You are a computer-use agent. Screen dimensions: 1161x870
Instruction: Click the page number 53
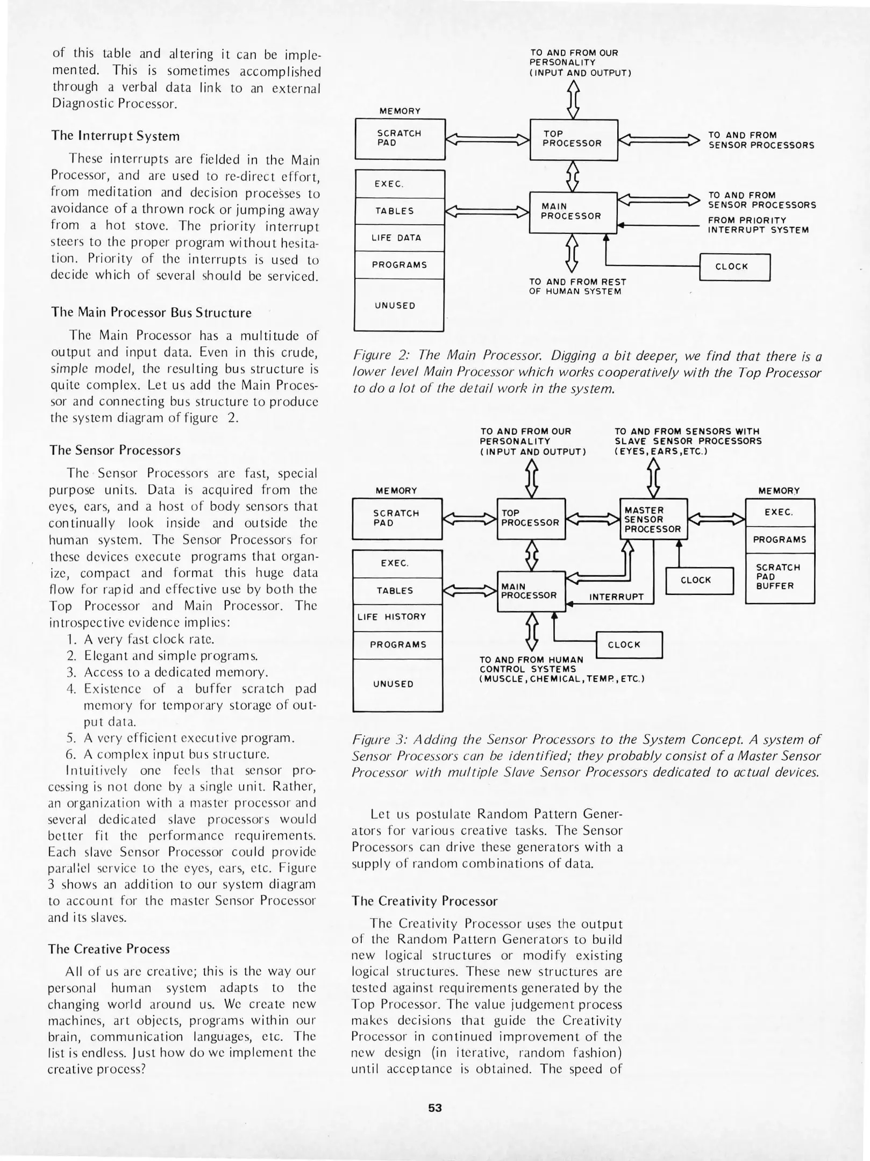tap(434, 1108)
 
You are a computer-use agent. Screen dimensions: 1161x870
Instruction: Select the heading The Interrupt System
tap(116, 136)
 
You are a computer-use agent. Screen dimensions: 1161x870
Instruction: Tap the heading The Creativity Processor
tap(424, 901)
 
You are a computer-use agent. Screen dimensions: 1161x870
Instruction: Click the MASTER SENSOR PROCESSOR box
tap(653, 519)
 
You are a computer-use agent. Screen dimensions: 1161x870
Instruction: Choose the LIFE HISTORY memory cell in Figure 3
tap(397, 617)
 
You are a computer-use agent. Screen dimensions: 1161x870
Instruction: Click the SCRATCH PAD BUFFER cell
tap(779, 577)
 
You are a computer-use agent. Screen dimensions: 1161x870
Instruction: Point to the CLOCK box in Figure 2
tap(734, 267)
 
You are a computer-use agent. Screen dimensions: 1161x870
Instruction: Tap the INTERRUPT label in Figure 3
tap(616, 597)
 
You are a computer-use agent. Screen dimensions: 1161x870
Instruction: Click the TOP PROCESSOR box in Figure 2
tap(573, 139)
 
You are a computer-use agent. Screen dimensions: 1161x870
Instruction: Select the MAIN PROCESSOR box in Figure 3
tap(531, 591)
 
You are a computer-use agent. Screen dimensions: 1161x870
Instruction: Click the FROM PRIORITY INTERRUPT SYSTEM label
tap(757, 225)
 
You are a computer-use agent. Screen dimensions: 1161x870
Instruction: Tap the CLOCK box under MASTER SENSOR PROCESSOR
tap(699, 580)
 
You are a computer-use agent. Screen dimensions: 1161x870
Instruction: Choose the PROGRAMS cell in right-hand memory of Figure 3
tap(779, 540)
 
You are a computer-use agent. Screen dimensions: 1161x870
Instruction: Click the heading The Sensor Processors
tap(115, 450)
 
